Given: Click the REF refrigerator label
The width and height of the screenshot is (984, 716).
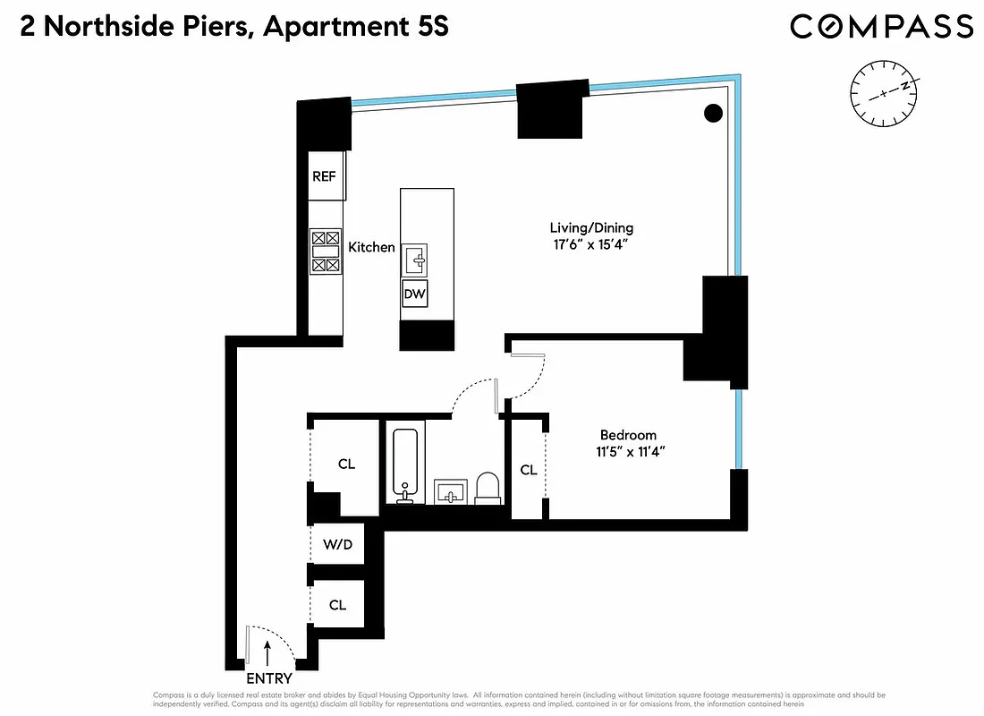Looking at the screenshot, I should pos(324,176).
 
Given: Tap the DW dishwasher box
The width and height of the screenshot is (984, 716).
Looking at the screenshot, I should pos(414,294).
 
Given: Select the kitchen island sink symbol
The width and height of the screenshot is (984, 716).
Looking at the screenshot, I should pos(414,260).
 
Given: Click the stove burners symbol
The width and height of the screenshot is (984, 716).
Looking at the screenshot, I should pos(325,251).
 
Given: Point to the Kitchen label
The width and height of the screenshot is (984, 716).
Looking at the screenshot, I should pos(371,247).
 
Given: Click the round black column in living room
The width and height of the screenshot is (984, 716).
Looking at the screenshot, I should pos(713,114).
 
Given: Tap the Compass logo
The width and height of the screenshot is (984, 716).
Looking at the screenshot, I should pos(881,27).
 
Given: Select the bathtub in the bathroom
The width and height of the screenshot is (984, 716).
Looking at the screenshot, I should pos(405,465).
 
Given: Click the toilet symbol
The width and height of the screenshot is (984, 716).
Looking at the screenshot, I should pos(488,488).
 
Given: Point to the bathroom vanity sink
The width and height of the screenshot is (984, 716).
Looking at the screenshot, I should pos(451,491).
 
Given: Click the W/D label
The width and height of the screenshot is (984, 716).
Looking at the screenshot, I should pos(336,544).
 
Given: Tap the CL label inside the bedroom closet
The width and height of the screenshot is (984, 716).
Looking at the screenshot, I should pos(529,470).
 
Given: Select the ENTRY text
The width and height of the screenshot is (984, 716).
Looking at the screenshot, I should pos(269,678).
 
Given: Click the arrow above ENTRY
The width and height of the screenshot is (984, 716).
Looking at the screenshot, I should pos(267,651).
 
